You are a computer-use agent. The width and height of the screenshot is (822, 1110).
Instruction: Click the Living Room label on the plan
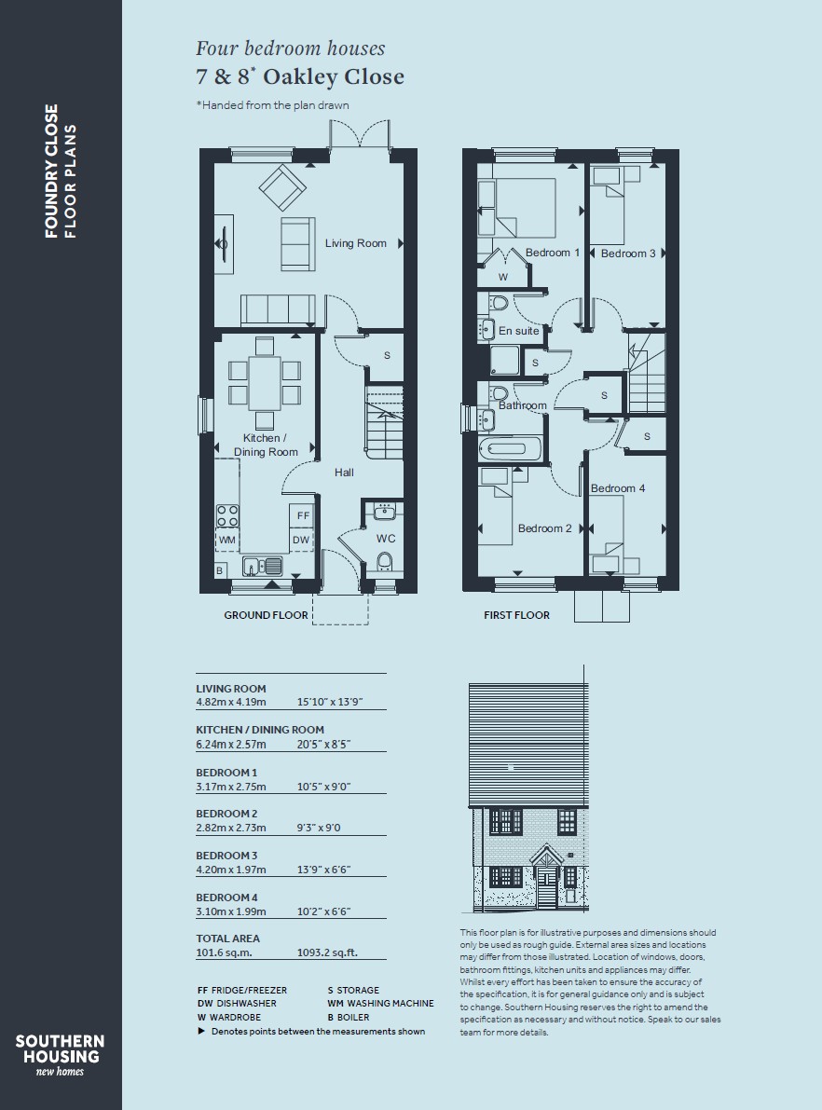pyautogui.click(x=355, y=243)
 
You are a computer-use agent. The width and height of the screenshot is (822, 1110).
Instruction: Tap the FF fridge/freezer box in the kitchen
pyautogui.click(x=303, y=515)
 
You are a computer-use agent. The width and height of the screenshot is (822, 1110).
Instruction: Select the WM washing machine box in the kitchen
pyautogui.click(x=226, y=541)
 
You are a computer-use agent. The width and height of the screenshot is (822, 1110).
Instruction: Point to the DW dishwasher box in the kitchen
pyautogui.click(x=301, y=540)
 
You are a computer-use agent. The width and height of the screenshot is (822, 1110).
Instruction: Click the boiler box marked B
pyautogui.click(x=220, y=570)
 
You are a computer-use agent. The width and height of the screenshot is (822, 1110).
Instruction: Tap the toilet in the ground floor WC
pyautogui.click(x=385, y=562)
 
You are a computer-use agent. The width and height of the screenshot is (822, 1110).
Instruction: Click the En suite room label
pyautogui.click(x=518, y=331)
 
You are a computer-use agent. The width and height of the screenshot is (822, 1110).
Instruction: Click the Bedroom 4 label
pyautogui.click(x=617, y=488)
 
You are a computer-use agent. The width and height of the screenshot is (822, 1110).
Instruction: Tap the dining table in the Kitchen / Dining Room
pyautogui.click(x=265, y=384)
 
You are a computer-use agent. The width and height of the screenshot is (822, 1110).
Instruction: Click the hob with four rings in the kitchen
pyautogui.click(x=227, y=515)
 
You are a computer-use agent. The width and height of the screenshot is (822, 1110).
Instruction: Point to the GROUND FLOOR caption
pyautogui.click(x=267, y=615)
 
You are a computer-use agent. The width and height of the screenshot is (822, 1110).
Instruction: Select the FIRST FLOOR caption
pyautogui.click(x=517, y=615)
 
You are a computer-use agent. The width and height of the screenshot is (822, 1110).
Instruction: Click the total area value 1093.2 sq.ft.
pyautogui.click(x=327, y=952)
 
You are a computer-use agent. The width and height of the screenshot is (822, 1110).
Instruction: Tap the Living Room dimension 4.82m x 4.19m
pyautogui.click(x=231, y=702)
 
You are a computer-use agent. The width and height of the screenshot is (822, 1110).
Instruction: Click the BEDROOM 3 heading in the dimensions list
pyautogui.click(x=226, y=856)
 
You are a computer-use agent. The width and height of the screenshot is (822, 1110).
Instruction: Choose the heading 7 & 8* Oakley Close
pyautogui.click(x=300, y=76)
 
